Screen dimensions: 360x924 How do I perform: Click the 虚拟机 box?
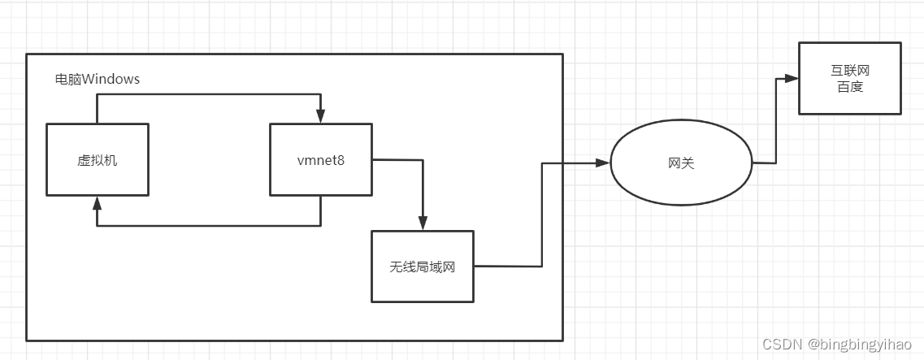97,159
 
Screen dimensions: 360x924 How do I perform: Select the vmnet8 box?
320,159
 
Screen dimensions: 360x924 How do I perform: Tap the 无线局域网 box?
422,266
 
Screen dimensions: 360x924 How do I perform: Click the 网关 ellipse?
680,163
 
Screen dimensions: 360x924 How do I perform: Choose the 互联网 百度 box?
849,79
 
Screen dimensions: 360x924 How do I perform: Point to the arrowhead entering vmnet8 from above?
321,117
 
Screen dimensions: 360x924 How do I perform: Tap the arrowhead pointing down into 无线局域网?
422,223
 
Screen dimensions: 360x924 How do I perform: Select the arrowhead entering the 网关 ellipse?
602,163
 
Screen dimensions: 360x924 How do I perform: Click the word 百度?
849,87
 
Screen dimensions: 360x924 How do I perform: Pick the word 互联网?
849,72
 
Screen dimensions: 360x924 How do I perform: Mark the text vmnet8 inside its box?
320,160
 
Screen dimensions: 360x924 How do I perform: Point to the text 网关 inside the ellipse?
680,163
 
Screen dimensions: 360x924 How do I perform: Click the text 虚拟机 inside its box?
97,160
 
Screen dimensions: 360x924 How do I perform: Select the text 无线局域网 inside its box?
422,267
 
